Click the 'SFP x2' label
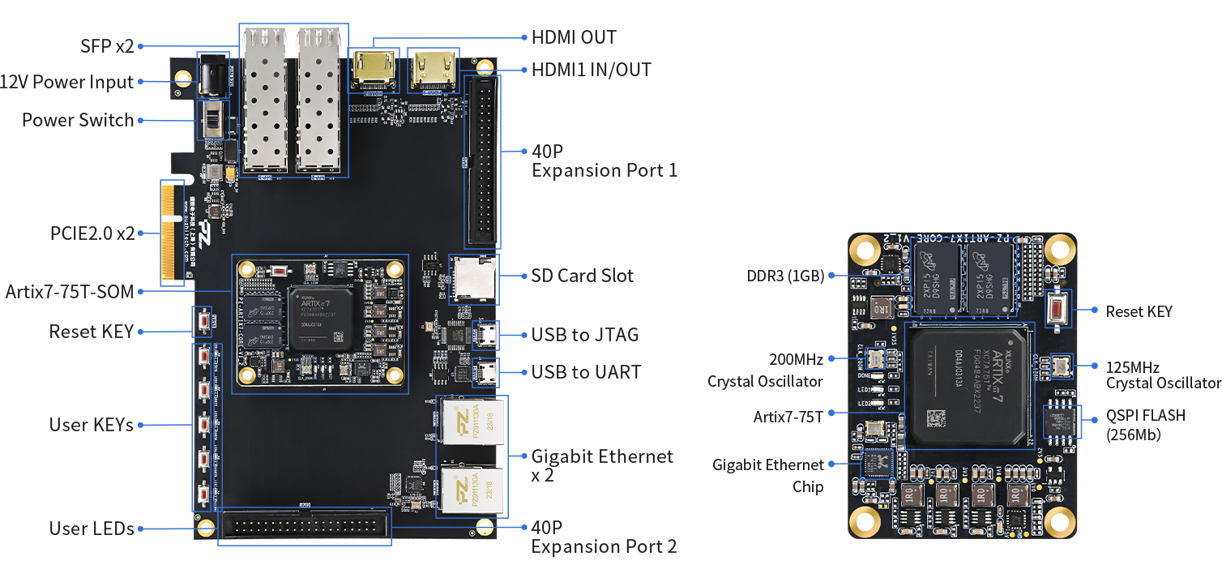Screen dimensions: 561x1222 107,46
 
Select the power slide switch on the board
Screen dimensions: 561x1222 213,120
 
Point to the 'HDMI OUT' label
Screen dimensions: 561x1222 574,37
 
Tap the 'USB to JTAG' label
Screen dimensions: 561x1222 585,335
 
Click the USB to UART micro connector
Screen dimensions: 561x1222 488,372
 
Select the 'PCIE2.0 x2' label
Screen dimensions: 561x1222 92,233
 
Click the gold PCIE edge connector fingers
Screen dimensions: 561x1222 169,233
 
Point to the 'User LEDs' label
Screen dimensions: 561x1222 92,529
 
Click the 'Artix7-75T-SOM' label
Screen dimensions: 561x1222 70,292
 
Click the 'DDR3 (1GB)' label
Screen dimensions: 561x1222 785,276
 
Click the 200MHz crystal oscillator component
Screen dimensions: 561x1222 875,358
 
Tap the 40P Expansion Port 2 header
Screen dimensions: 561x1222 304,527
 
